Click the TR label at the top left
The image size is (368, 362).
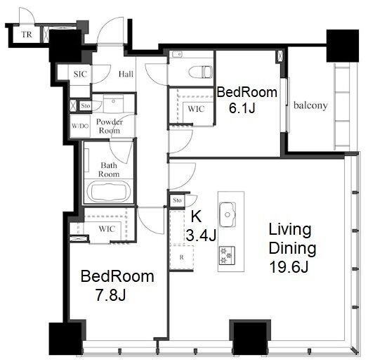(27, 34)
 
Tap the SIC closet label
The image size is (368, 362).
(80, 75)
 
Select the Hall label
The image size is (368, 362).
(126, 75)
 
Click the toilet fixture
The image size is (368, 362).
(200, 72)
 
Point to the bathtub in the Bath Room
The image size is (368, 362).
(109, 191)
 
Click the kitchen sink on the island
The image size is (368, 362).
(227, 214)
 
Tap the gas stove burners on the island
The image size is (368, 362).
(227, 255)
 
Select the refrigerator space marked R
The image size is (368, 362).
(181, 257)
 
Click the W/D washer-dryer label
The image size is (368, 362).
(80, 126)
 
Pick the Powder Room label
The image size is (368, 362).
(110, 126)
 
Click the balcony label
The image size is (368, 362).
(310, 105)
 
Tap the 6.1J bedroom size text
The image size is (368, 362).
(242, 108)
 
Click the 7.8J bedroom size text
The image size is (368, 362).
(110, 295)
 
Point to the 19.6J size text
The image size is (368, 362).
(289, 267)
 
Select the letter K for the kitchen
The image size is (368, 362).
(196, 216)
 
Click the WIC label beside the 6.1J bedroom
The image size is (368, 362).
(196, 109)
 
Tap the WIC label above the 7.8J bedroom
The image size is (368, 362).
(107, 228)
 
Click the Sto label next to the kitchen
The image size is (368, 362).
(177, 200)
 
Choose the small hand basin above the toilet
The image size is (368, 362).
(177, 55)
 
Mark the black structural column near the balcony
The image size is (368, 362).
(343, 46)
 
